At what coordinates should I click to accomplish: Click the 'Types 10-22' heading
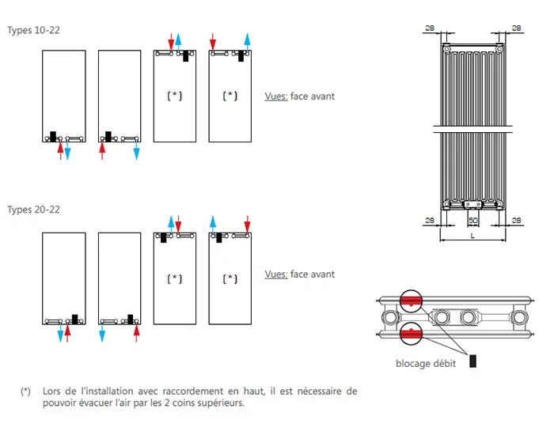coord(34,30)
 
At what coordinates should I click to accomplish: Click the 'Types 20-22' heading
coord(34,210)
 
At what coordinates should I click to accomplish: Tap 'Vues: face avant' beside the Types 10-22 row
coord(300,96)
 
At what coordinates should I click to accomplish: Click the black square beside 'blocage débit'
coord(473,361)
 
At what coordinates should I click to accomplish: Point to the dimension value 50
coord(473,221)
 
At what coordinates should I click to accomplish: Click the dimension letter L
coord(472,235)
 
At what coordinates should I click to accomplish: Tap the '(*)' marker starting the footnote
coord(26,391)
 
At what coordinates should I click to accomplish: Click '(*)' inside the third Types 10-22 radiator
coord(174,96)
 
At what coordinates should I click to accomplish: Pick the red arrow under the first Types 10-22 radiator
coord(61,151)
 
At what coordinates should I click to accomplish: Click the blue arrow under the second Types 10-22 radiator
coord(136,150)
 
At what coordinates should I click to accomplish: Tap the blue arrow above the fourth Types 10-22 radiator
coord(248,41)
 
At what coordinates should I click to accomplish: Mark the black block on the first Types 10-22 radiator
coord(53,135)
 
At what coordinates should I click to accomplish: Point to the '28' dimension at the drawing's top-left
coord(430,28)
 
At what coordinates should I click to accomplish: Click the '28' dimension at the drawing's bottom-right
coord(516,220)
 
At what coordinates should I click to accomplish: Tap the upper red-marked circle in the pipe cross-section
coord(412,301)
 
